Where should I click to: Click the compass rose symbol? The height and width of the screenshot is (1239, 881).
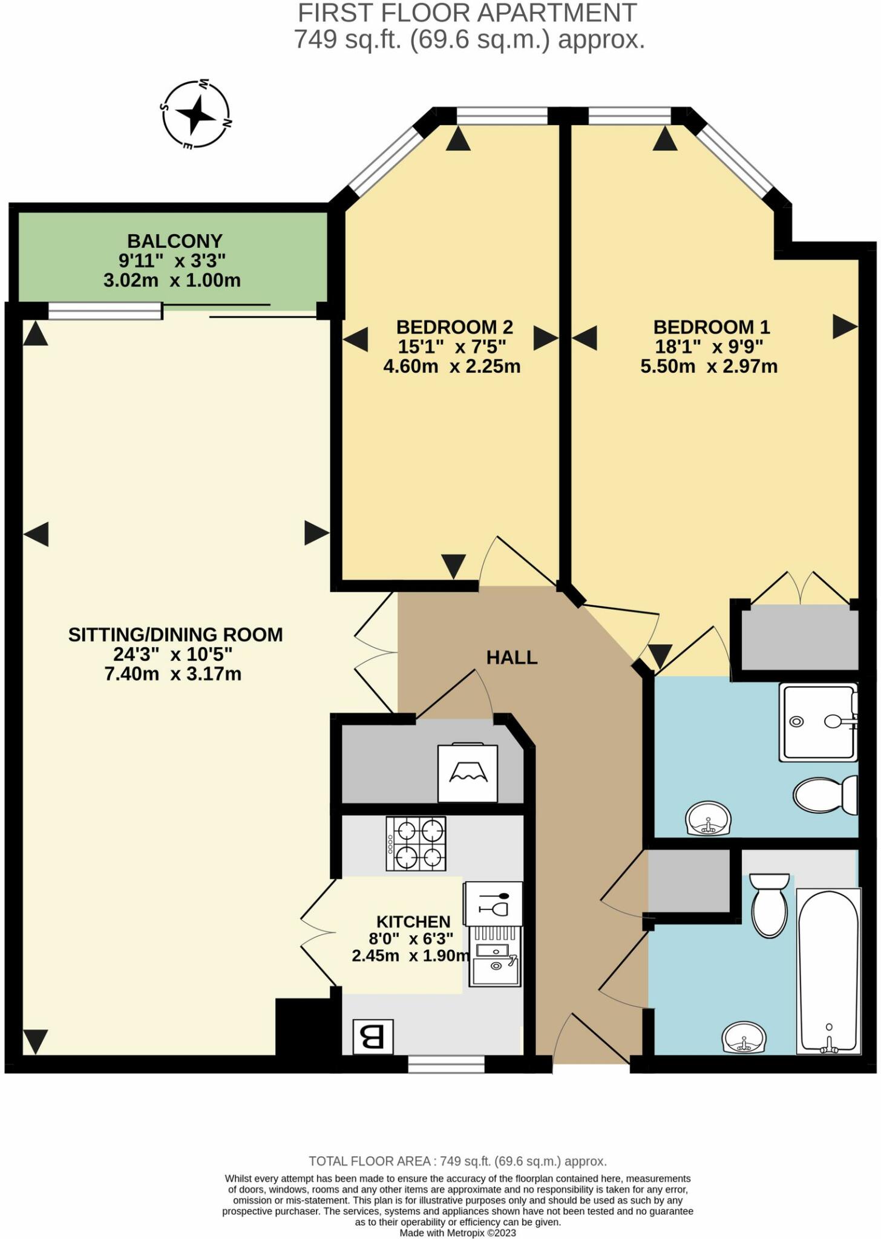click(x=195, y=114)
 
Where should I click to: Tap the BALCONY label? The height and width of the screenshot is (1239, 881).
click(x=174, y=241)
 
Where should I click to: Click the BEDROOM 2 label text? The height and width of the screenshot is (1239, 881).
click(x=454, y=327)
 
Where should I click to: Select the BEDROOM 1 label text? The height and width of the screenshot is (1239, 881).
click(x=711, y=327)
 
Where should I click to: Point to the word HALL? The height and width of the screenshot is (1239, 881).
click(x=512, y=658)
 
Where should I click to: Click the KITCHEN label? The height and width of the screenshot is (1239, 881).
click(x=413, y=922)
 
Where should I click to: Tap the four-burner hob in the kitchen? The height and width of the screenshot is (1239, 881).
click(x=416, y=843)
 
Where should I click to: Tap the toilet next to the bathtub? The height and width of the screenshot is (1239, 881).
click(x=769, y=906)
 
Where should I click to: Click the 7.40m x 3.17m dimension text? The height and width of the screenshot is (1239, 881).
click(x=173, y=674)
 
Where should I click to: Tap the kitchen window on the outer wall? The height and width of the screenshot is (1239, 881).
click(x=446, y=1064)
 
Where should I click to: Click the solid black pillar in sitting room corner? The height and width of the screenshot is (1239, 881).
click(x=302, y=1027)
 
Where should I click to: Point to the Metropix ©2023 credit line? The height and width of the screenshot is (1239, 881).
click(x=457, y=1233)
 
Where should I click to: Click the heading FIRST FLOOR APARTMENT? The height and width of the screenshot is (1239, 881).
click(x=467, y=13)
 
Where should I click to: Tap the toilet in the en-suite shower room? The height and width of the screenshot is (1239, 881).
click(x=824, y=795)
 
